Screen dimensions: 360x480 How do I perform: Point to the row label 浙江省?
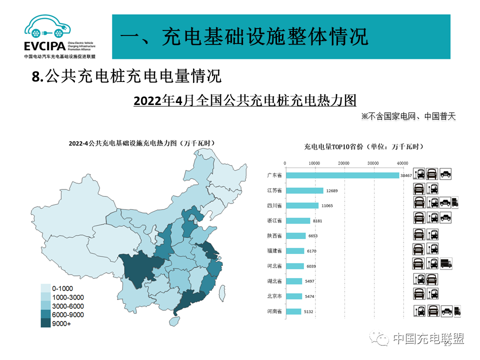pyautogui.click(x=274, y=220)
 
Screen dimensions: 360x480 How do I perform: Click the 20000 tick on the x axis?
pyautogui.click(x=343, y=163)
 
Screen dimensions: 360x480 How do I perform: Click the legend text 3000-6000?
pyautogui.click(x=68, y=306)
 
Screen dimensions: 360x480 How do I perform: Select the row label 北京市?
pyautogui.click(x=274, y=296)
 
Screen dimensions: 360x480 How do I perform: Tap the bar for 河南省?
pyautogui.click(x=293, y=311)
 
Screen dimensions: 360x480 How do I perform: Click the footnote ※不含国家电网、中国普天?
pyautogui.click(x=408, y=116)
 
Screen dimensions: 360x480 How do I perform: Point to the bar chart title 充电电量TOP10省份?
pyautogui.click(x=363, y=146)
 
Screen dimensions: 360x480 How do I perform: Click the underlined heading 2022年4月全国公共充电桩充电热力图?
pyautogui.click(x=245, y=100)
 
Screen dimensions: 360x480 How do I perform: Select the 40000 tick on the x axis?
pyautogui.click(x=402, y=163)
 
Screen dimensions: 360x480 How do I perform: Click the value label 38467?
pyautogui.click(x=406, y=175)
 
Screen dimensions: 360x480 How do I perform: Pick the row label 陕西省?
pyautogui.click(x=274, y=235)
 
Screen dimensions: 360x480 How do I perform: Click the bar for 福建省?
pyautogui.click(x=294, y=251)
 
